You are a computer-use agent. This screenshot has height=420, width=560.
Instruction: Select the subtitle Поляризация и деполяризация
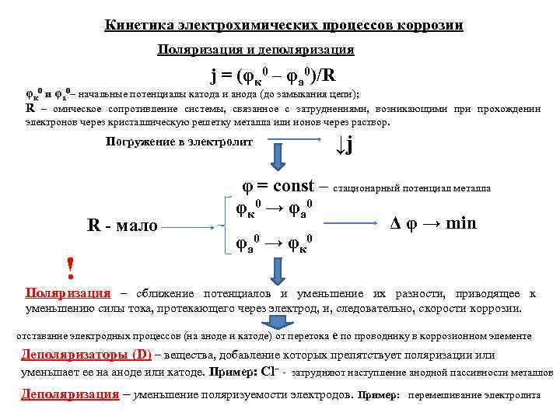[x=255, y=50]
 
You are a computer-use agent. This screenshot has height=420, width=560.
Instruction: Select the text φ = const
[x=278, y=187]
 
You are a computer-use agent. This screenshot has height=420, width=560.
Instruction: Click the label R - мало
[x=122, y=226]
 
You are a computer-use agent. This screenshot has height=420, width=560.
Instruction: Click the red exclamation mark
[x=71, y=269]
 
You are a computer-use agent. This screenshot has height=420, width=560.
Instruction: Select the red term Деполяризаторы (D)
[x=86, y=355]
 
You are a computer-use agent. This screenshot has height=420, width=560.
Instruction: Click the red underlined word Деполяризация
[x=70, y=394]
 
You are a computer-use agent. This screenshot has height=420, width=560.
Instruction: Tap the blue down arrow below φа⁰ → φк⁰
[x=279, y=270]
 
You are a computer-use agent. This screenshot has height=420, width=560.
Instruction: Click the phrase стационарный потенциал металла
[x=412, y=189]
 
